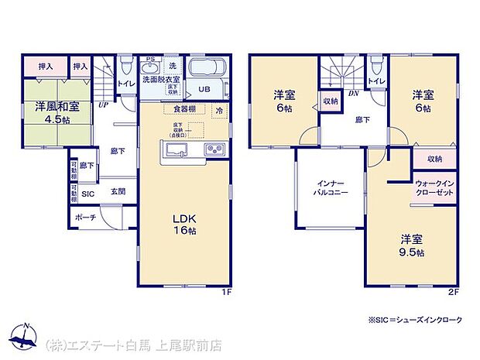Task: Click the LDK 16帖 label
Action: tap(184, 223)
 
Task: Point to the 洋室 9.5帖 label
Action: tap(412, 245)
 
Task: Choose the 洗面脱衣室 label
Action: tap(161, 80)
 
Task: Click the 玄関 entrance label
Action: tap(118, 192)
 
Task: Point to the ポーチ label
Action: tap(86, 218)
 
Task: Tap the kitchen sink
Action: tap(173, 149)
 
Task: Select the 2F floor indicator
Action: tap(453, 291)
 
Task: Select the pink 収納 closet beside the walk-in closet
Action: tap(434, 159)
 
